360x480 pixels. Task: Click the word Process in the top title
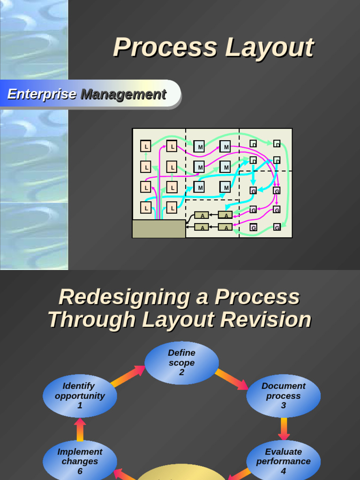(x=165, y=48)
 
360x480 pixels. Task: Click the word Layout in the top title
(x=269, y=48)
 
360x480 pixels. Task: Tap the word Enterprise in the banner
(x=42, y=94)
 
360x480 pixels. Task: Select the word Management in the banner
(x=123, y=94)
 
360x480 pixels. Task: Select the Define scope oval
(x=181, y=363)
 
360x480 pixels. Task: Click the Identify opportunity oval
(x=80, y=396)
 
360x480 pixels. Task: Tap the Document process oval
(x=283, y=396)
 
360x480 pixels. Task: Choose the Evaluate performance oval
(x=283, y=461)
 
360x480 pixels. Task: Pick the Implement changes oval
(x=80, y=461)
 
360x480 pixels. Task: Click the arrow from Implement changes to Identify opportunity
(x=80, y=429)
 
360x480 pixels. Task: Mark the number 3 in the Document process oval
(x=283, y=405)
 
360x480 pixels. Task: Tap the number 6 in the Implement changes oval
(x=80, y=471)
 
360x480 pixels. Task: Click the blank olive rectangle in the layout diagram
(x=159, y=229)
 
